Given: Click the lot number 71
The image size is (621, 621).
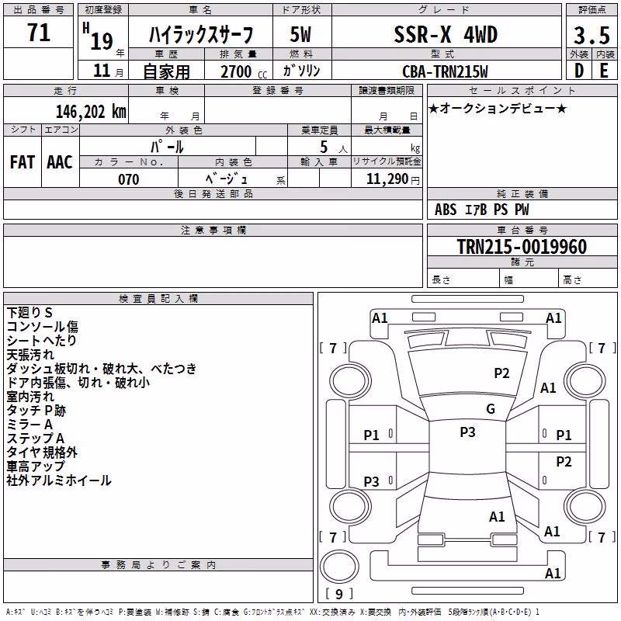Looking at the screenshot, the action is pos(39,32).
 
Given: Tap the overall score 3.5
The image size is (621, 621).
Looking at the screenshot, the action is pos(592,35).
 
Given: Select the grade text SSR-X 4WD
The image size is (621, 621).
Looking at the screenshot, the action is pos(446,34).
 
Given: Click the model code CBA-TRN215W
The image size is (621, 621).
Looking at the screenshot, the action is pos(445,71).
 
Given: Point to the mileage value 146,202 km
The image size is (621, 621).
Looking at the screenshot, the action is pos(91,112).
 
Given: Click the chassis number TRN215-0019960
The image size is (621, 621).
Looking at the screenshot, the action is pos(522,247).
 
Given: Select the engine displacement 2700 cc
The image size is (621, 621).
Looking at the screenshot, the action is pos(244,71).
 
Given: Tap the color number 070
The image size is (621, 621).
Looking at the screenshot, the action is pos(129,179).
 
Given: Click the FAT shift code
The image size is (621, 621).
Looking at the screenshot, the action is pos(23,162).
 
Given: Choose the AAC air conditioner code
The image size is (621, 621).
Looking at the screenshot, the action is pos(60,162).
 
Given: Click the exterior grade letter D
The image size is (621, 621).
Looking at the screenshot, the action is pos(579,71).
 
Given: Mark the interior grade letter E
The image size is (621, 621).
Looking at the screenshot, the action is pos(604,71).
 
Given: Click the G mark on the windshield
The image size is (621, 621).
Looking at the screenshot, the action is pos(491,409).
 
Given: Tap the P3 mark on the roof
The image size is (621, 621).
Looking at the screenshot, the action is pos(467,432).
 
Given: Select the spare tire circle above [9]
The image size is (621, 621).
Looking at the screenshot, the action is pos(339,567).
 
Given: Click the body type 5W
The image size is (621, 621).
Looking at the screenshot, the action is pos(300,34).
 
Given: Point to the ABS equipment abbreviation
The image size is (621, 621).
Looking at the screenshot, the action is pos(446,210).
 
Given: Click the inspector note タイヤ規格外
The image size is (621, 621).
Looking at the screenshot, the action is pos(42,453).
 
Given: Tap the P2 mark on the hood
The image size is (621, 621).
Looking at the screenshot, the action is pos(501,373).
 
